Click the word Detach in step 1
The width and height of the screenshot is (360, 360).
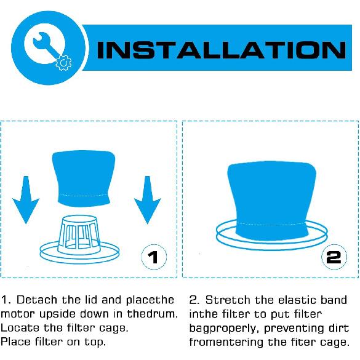(36, 300)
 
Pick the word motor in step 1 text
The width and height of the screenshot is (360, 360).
(15, 314)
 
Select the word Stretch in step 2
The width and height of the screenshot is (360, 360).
(225, 300)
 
